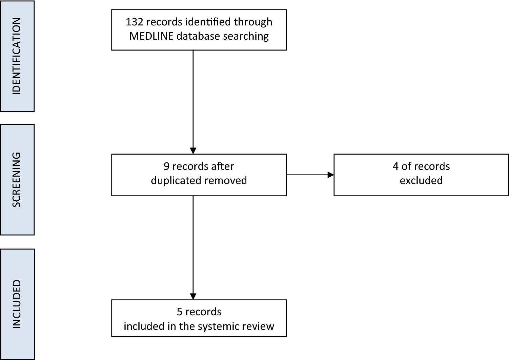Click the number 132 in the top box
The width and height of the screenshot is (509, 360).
pyautogui.click(x=135, y=22)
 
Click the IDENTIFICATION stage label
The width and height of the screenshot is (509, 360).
pyautogui.click(x=17, y=56)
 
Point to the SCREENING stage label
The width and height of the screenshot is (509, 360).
pyautogui.click(x=17, y=179)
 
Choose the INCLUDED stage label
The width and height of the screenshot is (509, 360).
pyautogui.click(x=17, y=304)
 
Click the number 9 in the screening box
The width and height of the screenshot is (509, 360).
pyautogui.click(x=166, y=166)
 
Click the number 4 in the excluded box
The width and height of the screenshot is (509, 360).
pyautogui.click(x=395, y=166)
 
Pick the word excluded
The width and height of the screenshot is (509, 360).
pyautogui.click(x=421, y=180)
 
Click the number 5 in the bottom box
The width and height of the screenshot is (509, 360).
pyautogui.click(x=180, y=312)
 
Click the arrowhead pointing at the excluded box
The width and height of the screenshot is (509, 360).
pyautogui.click(x=330, y=175)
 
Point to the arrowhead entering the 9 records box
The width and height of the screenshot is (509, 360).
pyautogui.click(x=193, y=151)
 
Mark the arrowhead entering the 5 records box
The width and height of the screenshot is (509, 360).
pyautogui.click(x=193, y=296)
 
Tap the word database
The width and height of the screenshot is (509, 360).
pyautogui.click(x=194, y=36)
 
